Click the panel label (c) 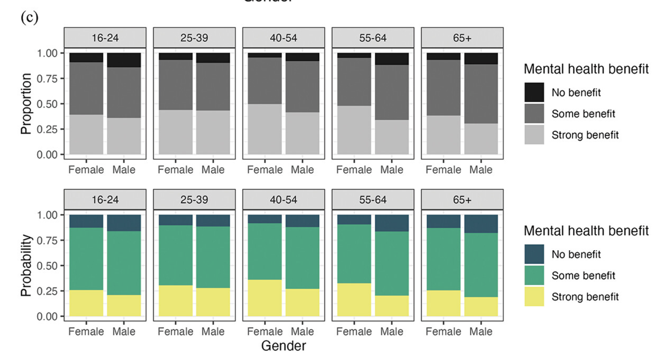[x=29, y=18]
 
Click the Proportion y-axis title [x=26, y=104]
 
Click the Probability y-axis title [x=26, y=266]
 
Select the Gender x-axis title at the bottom [x=283, y=346]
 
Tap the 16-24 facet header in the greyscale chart [x=105, y=38]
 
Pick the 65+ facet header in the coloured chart [x=462, y=200]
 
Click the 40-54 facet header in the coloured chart [x=283, y=200]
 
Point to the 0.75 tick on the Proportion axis [x=47, y=79]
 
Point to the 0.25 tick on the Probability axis [x=47, y=291]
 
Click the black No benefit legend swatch [x=534, y=92]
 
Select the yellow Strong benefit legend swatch [x=534, y=297]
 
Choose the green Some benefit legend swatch [x=534, y=275]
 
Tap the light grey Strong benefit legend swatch [x=534, y=135]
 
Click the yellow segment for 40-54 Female [x=265, y=298]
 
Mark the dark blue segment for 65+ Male [x=481, y=224]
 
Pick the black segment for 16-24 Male [x=124, y=60]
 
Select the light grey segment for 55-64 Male [x=392, y=137]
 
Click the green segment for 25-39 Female [x=176, y=255]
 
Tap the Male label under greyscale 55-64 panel [x=392, y=170]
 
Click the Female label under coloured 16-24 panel [x=86, y=331]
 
